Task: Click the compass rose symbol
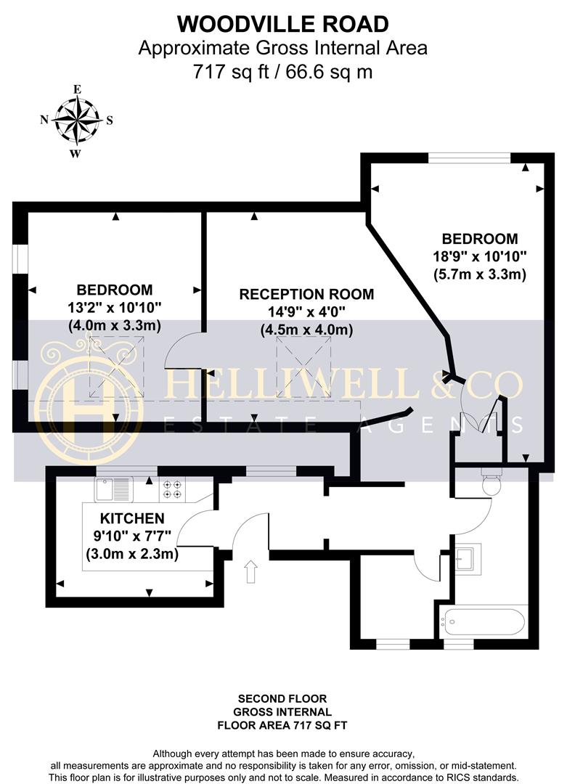76,120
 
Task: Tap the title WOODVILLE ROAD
283,24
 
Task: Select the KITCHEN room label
132,518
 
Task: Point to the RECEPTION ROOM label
306,294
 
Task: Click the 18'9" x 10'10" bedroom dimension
479,256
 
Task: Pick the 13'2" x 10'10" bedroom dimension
115,308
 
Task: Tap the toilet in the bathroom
491,482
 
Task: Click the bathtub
483,621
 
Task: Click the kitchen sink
113,489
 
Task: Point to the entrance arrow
251,571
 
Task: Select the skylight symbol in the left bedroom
116,367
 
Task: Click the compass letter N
44,120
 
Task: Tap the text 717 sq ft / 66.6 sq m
283,72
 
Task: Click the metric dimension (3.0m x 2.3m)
132,554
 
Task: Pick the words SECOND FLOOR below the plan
282,698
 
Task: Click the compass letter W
75,153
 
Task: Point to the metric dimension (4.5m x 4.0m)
306,330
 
